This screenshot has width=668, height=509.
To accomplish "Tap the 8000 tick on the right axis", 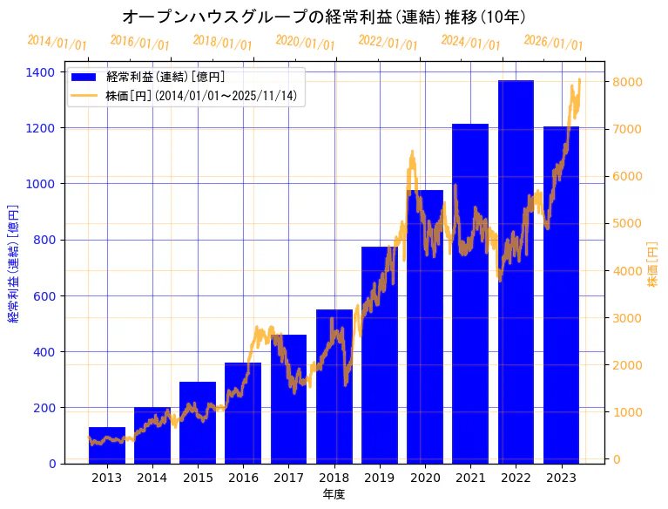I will coord(629,82).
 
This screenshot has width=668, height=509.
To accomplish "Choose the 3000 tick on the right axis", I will coord(629,317).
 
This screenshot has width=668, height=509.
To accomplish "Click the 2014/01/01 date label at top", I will coord(57,43).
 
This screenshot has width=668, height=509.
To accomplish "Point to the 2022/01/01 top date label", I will coord(388,43).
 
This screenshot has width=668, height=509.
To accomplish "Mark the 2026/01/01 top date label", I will coord(554,43).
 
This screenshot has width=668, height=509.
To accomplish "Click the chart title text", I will coord(324,17).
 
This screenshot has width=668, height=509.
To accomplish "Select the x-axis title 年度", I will coord(334,494).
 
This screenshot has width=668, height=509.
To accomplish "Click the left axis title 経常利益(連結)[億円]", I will coord(13,263).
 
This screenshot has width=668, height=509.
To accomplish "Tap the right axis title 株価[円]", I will coord(653,264).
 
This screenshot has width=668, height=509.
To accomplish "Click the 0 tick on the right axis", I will coord(617,458).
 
